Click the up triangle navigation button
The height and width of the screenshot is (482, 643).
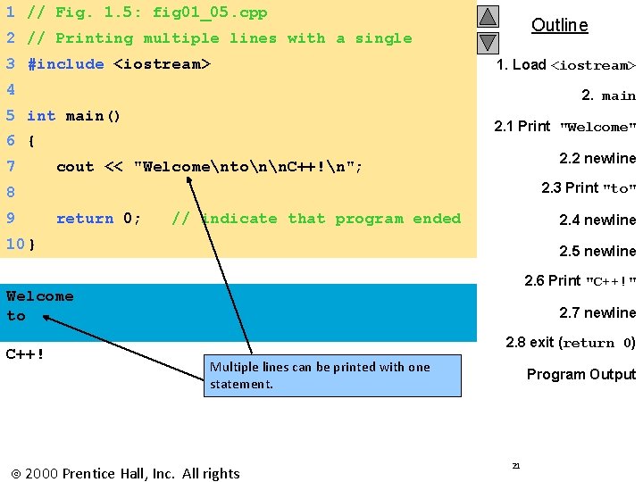click(x=487, y=17)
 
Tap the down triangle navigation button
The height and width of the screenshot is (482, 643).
click(x=487, y=42)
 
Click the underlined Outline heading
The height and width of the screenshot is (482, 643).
click(x=559, y=25)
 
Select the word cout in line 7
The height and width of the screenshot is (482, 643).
click(x=75, y=167)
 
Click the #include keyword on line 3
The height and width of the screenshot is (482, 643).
click(x=66, y=64)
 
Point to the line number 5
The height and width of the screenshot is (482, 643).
click(x=10, y=116)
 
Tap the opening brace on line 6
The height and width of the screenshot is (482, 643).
click(x=31, y=141)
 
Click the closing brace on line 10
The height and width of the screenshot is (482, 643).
click(x=32, y=244)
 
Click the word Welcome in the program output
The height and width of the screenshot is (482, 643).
click(x=40, y=296)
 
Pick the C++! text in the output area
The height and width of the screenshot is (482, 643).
click(x=26, y=353)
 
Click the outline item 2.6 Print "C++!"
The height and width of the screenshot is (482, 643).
click(x=580, y=281)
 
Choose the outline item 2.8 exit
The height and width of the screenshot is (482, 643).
click(x=570, y=343)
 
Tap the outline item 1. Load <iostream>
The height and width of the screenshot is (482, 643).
click(x=566, y=65)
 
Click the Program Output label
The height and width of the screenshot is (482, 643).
click(x=580, y=374)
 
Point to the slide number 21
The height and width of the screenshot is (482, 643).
click(x=515, y=465)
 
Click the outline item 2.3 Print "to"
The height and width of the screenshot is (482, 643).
click(x=588, y=188)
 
